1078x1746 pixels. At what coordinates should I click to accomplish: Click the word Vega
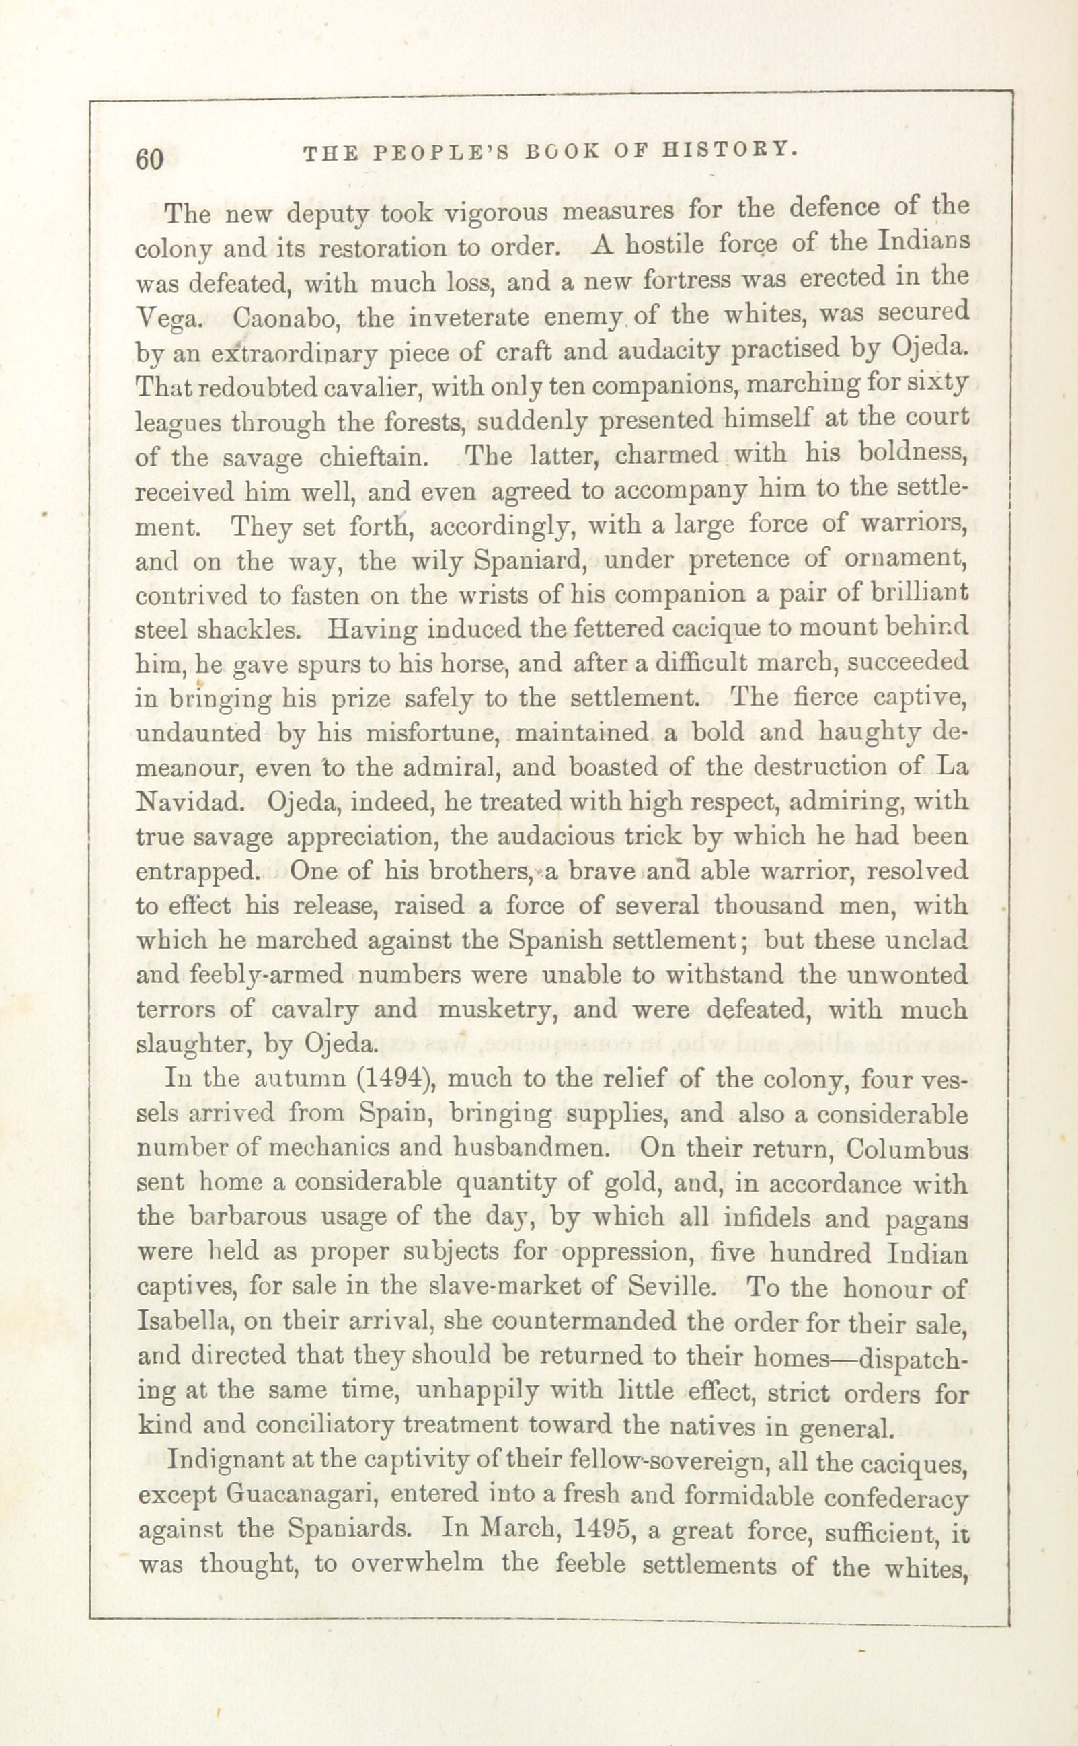pyautogui.click(x=168, y=318)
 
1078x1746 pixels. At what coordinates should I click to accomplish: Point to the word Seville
pyautogui.click(x=672, y=1288)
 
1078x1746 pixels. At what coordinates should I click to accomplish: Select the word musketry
pyautogui.click(x=498, y=1010)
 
